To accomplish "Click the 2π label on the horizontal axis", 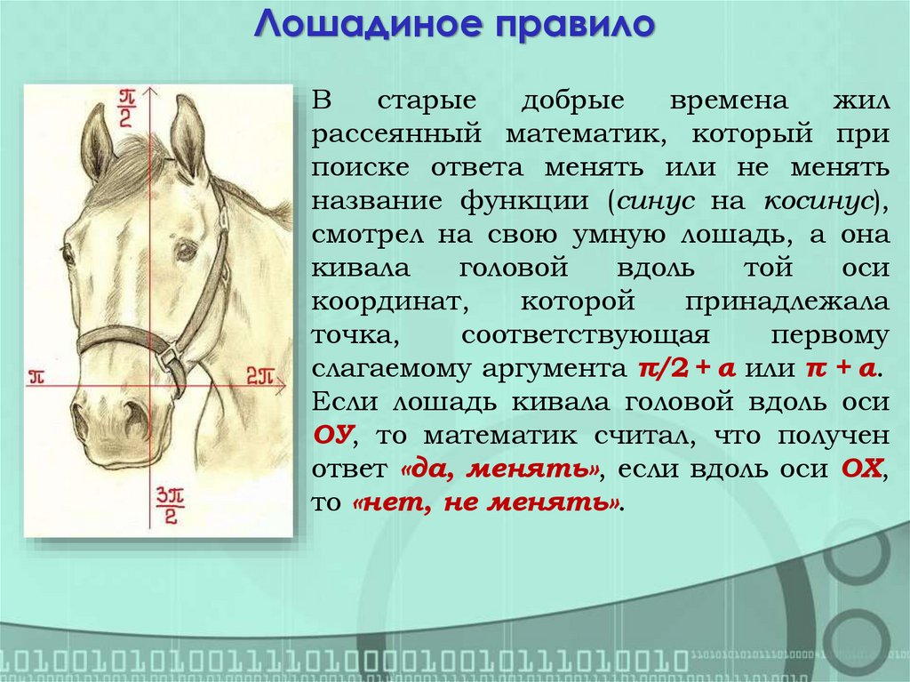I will pyautogui.click(x=260, y=374).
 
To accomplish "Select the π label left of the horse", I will pyautogui.click(x=36, y=374).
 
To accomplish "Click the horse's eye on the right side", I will pyautogui.click(x=185, y=252).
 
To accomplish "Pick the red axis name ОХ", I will pyautogui.click(x=863, y=469).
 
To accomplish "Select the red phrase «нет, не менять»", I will pyautogui.click(x=485, y=501).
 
